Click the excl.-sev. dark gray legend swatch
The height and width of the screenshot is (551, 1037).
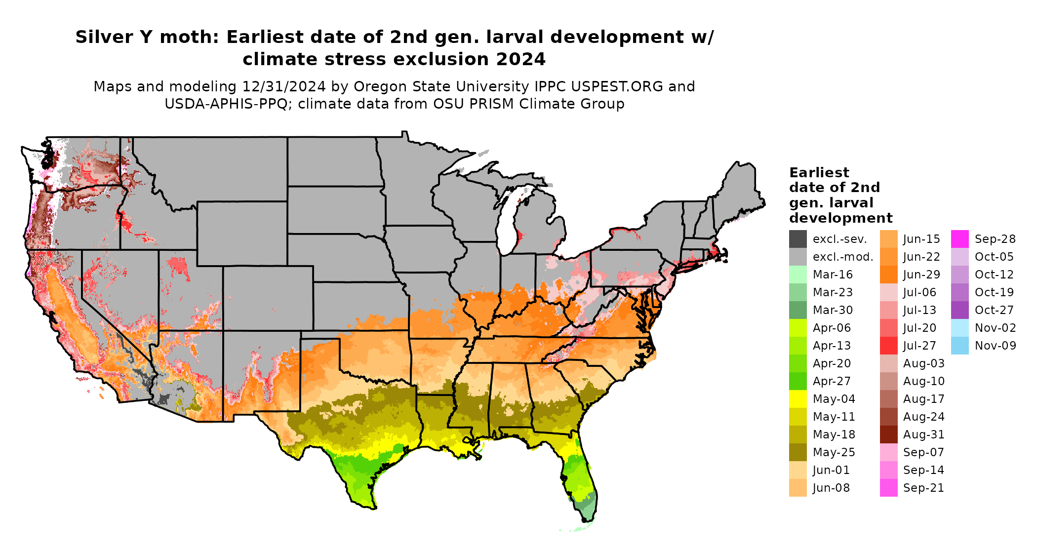point(798,239)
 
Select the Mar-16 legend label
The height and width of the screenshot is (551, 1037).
point(833,275)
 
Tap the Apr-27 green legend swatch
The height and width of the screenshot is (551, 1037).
point(798,381)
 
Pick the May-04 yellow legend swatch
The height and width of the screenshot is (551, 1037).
point(798,399)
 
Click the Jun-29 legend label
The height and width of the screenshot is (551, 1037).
point(921,275)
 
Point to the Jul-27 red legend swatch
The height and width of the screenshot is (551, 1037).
point(888,346)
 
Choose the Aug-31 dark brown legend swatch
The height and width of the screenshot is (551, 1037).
point(888,434)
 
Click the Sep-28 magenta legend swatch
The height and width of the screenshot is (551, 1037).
point(959,239)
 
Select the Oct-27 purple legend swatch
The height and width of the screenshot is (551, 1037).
point(959,310)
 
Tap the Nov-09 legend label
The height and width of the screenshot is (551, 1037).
point(995,346)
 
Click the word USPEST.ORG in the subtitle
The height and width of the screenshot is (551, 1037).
point(617,86)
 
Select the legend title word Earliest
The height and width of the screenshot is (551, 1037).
point(819,173)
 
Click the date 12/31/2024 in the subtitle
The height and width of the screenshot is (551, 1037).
point(283,86)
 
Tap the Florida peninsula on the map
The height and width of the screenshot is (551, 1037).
point(583,479)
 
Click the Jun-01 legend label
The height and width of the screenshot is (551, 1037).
point(831,470)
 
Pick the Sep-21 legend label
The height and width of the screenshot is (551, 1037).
point(923,488)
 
